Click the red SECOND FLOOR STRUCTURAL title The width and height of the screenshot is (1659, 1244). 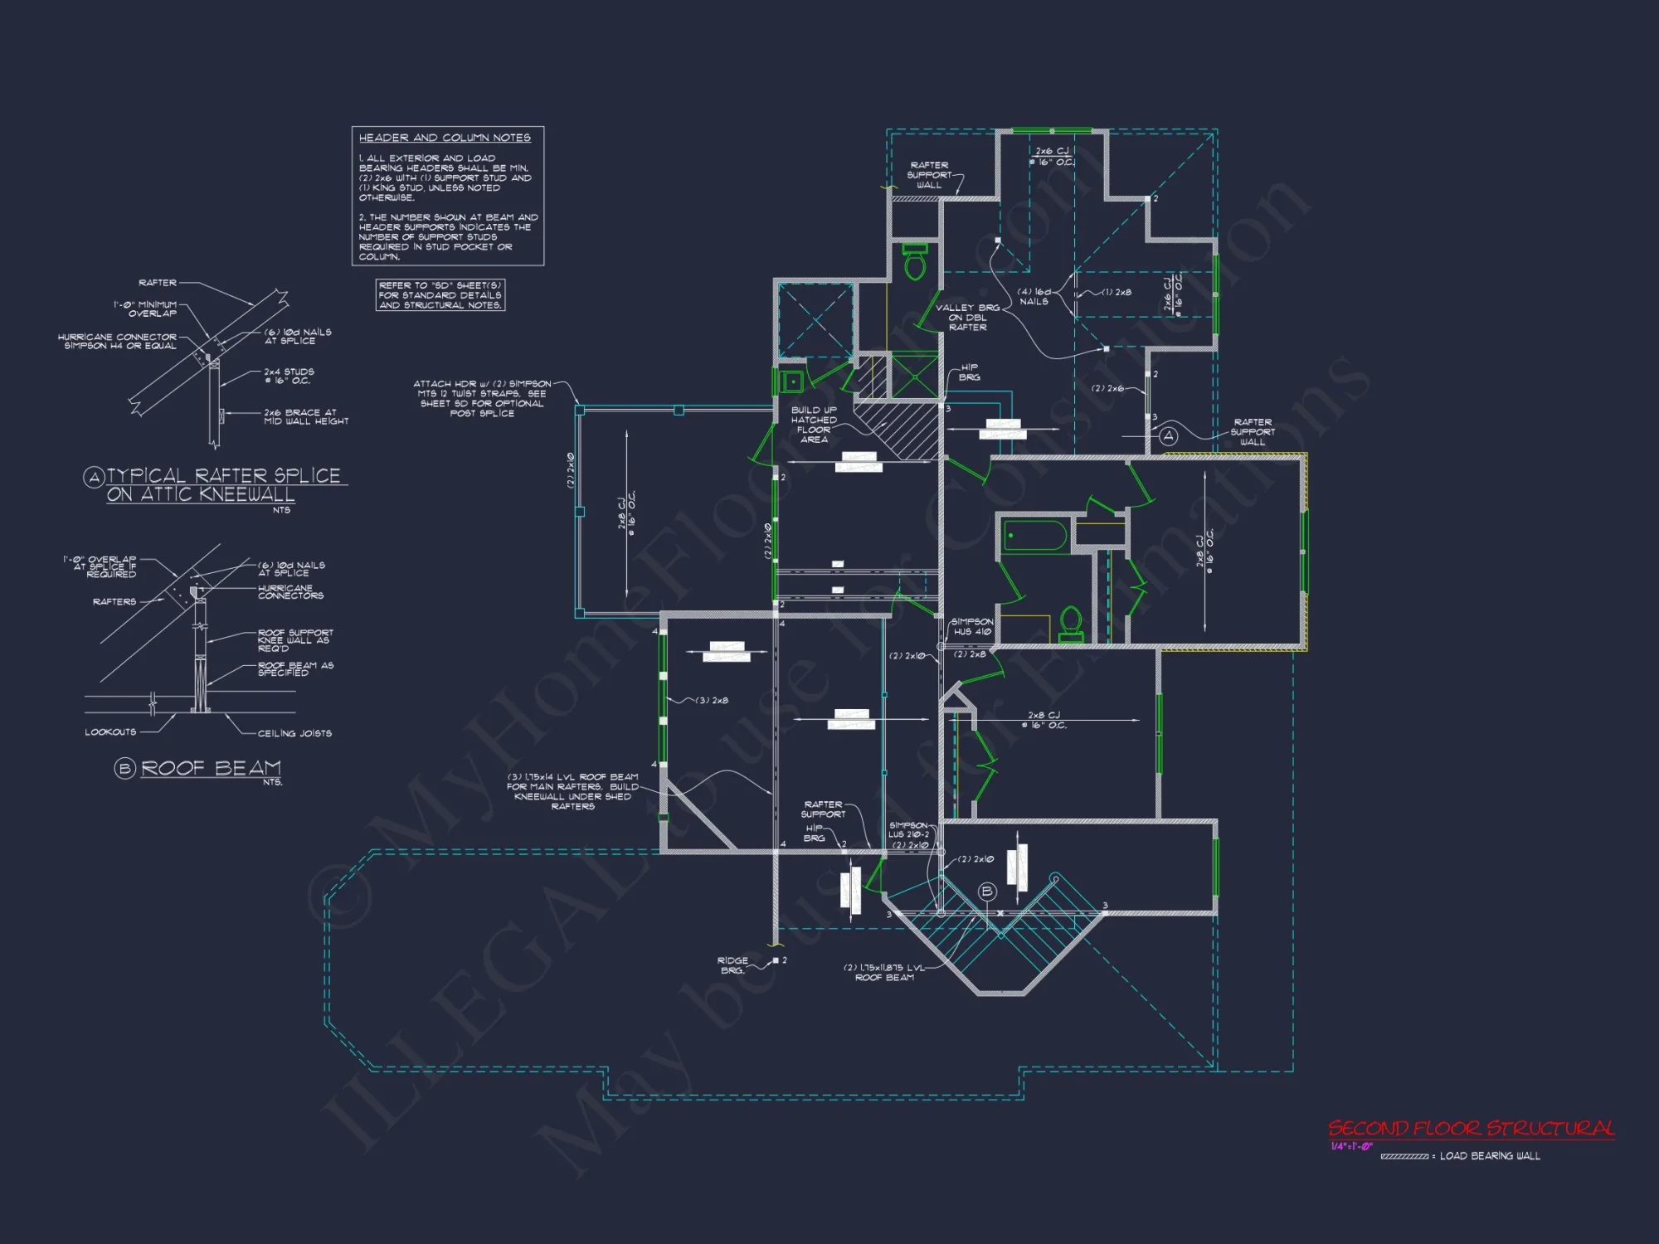(x=1471, y=1129)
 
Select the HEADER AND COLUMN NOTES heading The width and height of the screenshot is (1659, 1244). (x=445, y=138)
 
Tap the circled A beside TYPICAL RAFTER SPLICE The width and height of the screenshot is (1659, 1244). (x=94, y=477)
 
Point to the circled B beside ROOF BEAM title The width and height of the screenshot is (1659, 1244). (x=124, y=769)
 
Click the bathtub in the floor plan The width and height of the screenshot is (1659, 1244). (x=1034, y=535)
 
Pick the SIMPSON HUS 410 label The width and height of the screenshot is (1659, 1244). (x=971, y=627)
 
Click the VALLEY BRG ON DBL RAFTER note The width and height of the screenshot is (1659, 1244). (x=967, y=318)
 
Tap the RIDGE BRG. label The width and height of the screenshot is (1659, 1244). (x=732, y=965)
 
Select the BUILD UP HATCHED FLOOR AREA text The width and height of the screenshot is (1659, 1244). (x=814, y=425)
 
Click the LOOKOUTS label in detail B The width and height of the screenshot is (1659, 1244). (x=110, y=732)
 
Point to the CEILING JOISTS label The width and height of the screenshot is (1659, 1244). (x=294, y=733)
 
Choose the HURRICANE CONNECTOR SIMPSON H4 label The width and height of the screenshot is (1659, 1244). (x=118, y=342)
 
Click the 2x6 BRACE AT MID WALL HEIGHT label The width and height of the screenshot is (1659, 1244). (x=305, y=417)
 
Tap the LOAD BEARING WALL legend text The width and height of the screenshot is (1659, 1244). (x=1490, y=1156)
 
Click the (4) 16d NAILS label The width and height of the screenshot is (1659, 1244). (x=1034, y=297)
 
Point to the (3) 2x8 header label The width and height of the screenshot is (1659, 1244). (x=712, y=701)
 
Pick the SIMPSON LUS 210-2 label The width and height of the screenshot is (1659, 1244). (x=909, y=830)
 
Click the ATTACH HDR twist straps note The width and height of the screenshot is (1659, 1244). (x=481, y=398)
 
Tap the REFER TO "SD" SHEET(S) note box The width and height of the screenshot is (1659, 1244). (x=440, y=295)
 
